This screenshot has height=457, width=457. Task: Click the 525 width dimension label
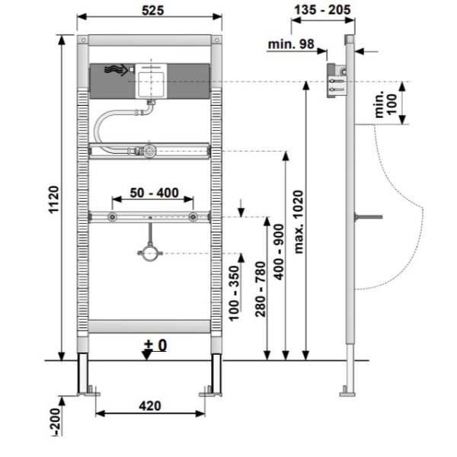[x=153, y=11]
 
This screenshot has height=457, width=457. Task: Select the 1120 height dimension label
[x=54, y=200]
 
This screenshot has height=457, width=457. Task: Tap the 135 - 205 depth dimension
[x=322, y=10]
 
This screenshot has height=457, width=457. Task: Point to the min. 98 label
[x=291, y=44]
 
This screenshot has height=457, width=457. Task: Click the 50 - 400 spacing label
[x=154, y=193]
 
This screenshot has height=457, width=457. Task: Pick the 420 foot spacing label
[x=150, y=406]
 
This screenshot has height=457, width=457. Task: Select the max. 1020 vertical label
[x=299, y=222]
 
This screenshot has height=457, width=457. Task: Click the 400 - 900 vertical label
[x=279, y=252]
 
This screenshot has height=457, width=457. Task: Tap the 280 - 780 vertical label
[x=260, y=289]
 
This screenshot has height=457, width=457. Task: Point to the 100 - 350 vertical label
[x=234, y=293]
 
